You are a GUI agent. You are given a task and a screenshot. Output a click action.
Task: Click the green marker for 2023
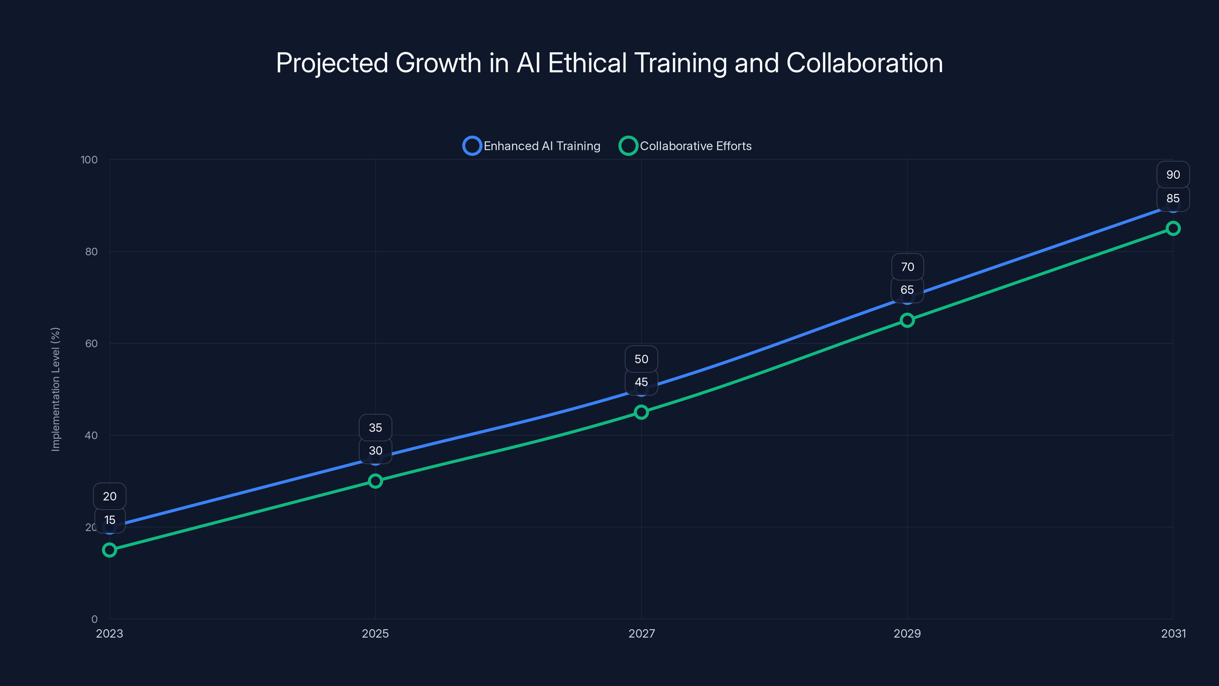pos(109,550)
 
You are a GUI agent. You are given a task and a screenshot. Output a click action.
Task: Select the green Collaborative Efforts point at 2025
pos(375,481)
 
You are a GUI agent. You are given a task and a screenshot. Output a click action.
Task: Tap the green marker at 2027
pos(641,412)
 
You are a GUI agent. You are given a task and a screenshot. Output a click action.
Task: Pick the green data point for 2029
pos(907,321)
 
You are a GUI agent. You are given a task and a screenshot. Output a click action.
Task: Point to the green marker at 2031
pos(1173,229)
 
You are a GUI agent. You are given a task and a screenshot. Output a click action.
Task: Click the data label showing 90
pos(1173,175)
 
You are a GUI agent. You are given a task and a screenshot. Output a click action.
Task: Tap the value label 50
pos(641,359)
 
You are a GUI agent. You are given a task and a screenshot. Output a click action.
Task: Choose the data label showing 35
pos(375,428)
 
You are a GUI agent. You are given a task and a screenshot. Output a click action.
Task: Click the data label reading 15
pos(110,520)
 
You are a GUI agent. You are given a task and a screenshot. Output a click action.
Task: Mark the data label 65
pos(907,290)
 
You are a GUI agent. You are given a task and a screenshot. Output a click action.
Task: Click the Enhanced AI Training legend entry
pos(532,146)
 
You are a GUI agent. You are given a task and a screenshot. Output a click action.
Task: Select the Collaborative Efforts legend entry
pos(686,146)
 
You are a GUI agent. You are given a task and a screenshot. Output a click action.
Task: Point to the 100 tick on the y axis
pos(89,160)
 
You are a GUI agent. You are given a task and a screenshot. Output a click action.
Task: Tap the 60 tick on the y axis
pos(91,343)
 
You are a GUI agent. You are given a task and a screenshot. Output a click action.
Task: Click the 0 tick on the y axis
pos(94,619)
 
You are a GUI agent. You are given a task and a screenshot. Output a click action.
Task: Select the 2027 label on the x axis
pos(641,633)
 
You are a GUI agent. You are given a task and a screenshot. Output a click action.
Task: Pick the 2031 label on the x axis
pos(1173,633)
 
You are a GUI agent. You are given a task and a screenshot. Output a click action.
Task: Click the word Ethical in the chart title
pos(587,63)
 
